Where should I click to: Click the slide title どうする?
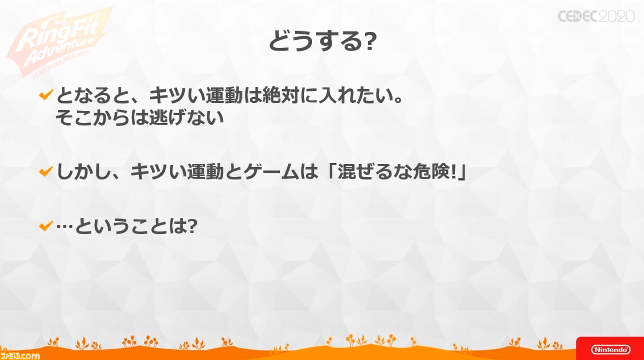(x=323, y=41)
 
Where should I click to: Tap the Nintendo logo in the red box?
(x=611, y=349)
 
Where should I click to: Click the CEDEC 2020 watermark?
(x=596, y=16)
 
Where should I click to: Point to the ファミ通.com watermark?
(x=20, y=356)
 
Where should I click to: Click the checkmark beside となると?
(x=46, y=95)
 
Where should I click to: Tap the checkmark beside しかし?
(x=46, y=171)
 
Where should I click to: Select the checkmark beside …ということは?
(x=46, y=226)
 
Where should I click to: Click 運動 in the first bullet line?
(x=224, y=95)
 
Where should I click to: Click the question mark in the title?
(x=370, y=42)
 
